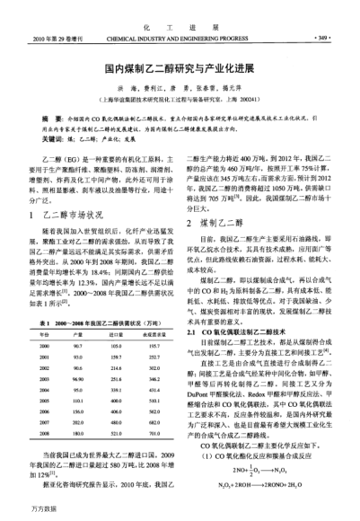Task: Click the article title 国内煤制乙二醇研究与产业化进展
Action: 180,68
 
